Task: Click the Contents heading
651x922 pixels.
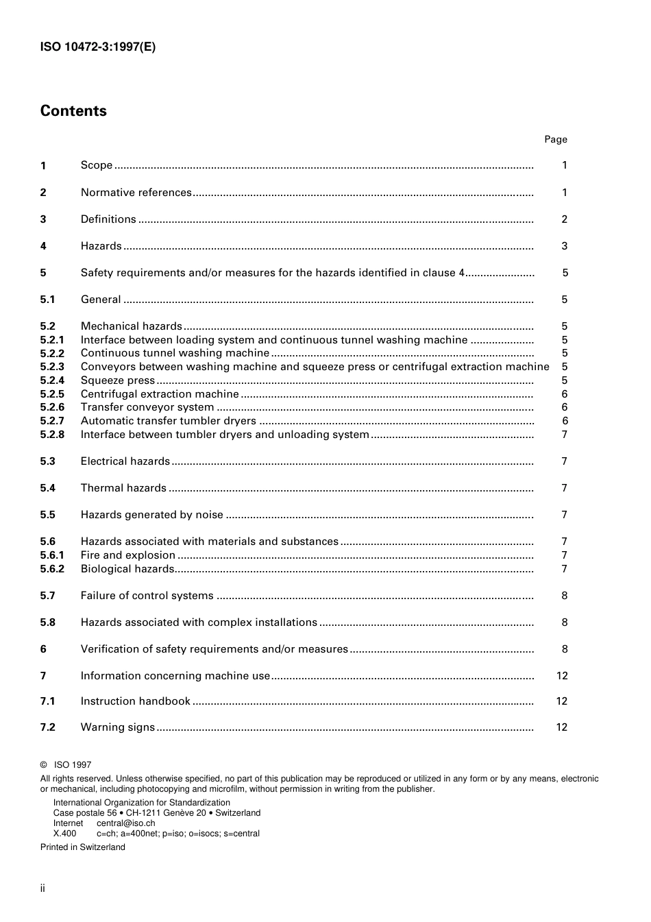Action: click(x=73, y=111)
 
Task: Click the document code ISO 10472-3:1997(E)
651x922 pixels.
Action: click(x=98, y=47)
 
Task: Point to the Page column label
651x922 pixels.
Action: click(x=555, y=139)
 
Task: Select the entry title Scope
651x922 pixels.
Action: click(x=96, y=165)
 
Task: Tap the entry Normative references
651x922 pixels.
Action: click(x=136, y=193)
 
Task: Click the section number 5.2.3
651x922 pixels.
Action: click(x=52, y=367)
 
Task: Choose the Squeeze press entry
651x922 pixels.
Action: click(x=118, y=380)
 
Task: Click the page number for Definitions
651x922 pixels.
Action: click(x=564, y=219)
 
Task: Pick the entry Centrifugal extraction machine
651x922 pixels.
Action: click(x=160, y=394)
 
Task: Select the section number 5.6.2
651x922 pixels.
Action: click(x=52, y=569)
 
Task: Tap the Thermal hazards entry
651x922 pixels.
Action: click(x=123, y=488)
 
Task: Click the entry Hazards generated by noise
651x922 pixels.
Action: click(x=151, y=515)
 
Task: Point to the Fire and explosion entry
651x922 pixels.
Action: click(x=127, y=555)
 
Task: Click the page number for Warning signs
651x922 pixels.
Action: click(x=561, y=727)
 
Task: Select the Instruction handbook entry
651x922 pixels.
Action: click(x=135, y=701)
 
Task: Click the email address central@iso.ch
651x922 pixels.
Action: click(x=125, y=823)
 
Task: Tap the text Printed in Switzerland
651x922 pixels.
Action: click(x=83, y=847)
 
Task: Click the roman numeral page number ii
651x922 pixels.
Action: click(x=42, y=888)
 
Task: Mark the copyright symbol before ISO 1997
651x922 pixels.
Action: click(x=43, y=765)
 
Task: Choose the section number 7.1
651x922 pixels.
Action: click(x=47, y=701)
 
